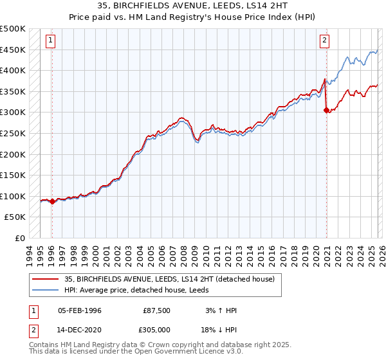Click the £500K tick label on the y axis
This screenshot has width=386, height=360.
[x=14, y=29]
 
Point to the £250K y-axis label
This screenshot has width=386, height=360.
[x=14, y=133]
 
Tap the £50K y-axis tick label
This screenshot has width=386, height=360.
[x=16, y=217]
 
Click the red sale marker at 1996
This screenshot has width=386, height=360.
[x=52, y=201]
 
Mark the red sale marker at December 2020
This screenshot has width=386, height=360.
[x=326, y=111]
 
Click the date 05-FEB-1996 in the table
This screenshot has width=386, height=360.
[x=80, y=310]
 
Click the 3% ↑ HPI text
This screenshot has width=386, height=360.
[x=221, y=310]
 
